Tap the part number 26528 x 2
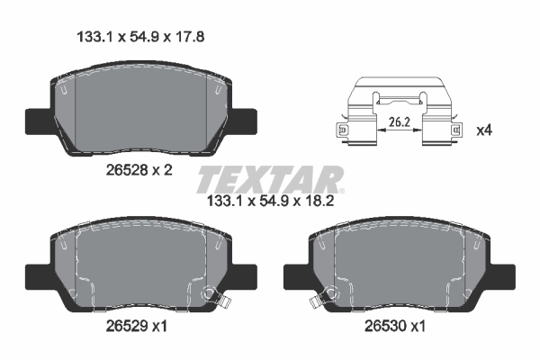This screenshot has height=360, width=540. [139, 168]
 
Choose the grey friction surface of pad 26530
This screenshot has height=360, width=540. [400, 265]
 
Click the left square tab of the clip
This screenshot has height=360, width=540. [342, 131]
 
